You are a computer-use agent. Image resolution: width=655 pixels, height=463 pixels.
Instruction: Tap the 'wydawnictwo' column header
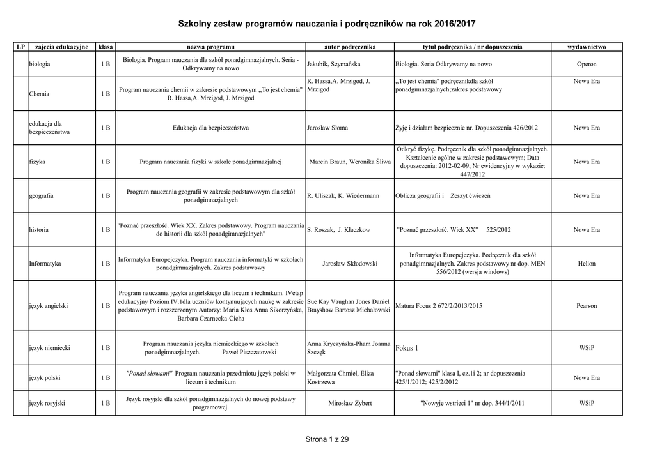(x=587, y=47)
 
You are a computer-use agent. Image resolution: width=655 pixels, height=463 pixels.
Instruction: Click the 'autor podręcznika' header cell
(x=350, y=47)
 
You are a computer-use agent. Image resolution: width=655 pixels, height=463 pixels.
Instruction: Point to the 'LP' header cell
(x=20, y=47)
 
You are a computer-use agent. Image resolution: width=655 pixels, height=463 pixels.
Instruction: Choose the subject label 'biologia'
(x=40, y=65)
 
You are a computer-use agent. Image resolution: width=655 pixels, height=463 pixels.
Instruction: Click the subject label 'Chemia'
(x=40, y=94)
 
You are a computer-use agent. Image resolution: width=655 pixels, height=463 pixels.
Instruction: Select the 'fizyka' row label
(x=37, y=162)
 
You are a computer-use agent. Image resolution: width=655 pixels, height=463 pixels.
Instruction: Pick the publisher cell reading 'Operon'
(x=587, y=65)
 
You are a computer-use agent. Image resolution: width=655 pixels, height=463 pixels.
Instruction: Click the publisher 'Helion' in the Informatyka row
(x=587, y=263)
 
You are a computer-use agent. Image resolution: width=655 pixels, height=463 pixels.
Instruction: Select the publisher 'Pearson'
(x=587, y=306)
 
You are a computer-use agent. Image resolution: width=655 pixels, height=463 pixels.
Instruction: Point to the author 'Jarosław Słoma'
(x=327, y=128)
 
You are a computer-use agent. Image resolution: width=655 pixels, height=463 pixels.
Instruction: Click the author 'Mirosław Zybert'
(x=350, y=404)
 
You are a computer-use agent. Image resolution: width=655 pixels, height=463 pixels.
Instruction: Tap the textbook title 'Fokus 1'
(x=407, y=348)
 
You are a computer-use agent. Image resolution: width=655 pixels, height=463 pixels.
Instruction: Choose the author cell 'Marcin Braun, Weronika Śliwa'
(x=350, y=162)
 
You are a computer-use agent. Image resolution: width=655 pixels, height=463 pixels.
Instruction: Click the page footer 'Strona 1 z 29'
(x=327, y=439)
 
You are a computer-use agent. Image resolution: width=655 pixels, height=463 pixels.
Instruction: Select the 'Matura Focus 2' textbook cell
(x=439, y=306)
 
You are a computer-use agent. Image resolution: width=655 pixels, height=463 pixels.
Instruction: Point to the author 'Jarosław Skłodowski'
(x=350, y=263)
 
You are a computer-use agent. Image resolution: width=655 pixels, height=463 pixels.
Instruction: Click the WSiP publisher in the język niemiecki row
(x=587, y=348)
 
